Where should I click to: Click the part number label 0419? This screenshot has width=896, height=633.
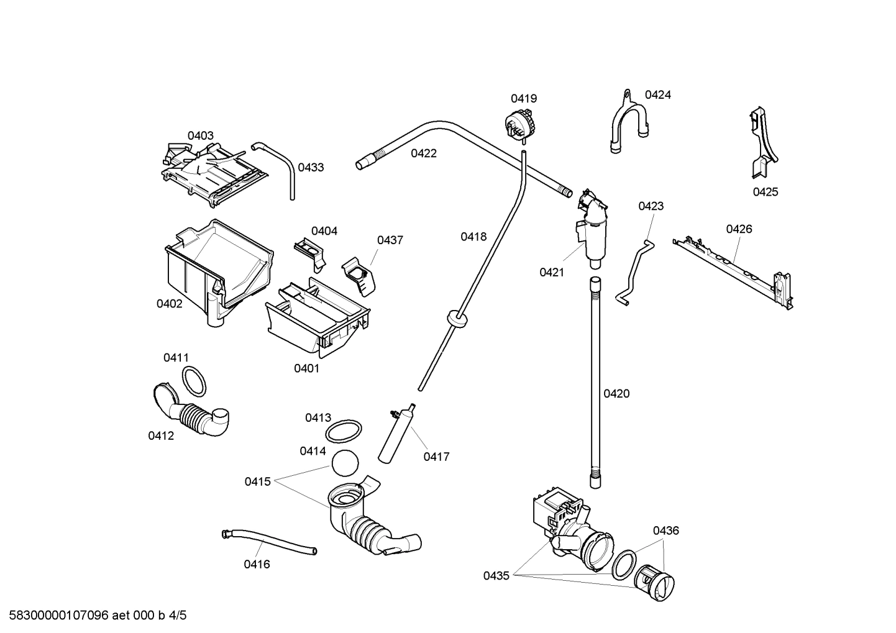tap(523, 98)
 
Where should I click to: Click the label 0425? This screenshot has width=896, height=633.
tap(765, 192)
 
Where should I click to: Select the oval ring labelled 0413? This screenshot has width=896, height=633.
tap(344, 430)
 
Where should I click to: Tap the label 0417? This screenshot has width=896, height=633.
tap(436, 457)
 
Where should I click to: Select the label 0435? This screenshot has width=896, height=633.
tap(496, 576)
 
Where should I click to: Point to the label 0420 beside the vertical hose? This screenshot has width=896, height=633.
tap(616, 393)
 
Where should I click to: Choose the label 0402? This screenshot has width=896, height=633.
tap(169, 304)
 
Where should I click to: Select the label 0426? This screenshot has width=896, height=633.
tap(739, 229)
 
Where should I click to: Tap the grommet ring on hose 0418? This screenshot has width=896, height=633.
tap(457, 319)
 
